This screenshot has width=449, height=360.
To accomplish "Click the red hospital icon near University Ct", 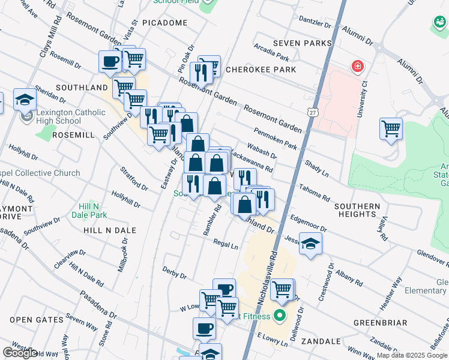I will point(358,65).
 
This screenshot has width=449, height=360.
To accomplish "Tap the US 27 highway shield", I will point(312,112).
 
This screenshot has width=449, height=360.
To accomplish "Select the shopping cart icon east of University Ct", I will point(391,128).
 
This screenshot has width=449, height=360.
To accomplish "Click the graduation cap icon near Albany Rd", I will point(310,244).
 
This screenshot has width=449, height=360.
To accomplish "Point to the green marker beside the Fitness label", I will point(279,314).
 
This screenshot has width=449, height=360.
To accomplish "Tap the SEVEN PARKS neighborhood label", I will point(302,43).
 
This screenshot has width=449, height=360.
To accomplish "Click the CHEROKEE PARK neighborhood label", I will point(261,70).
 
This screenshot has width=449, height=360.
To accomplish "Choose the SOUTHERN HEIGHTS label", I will point(358,210).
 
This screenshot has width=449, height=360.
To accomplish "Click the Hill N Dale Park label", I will point(89,210).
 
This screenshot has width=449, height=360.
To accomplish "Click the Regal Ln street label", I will point(226,244).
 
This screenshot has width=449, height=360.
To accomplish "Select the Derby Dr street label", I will point(174,273).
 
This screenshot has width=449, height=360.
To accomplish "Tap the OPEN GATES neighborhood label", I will point(29,320).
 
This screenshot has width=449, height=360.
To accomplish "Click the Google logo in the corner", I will point(20,353).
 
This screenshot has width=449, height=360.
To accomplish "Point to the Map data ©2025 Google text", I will point(412,355).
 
